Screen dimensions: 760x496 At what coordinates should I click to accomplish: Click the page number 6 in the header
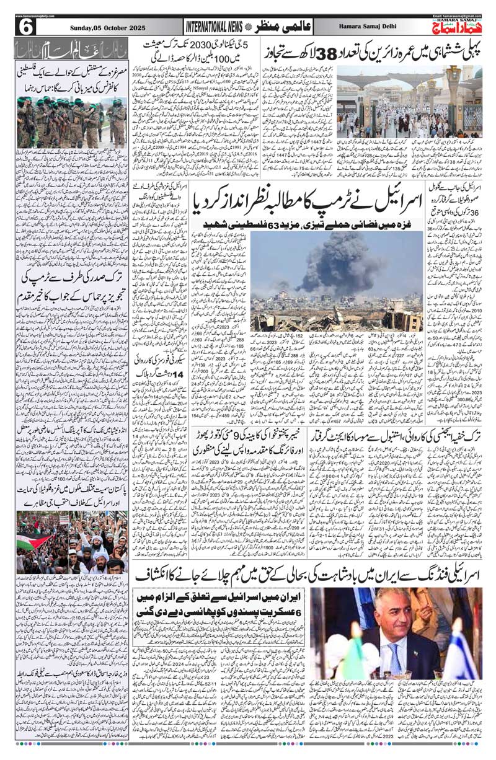point(27,27)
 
